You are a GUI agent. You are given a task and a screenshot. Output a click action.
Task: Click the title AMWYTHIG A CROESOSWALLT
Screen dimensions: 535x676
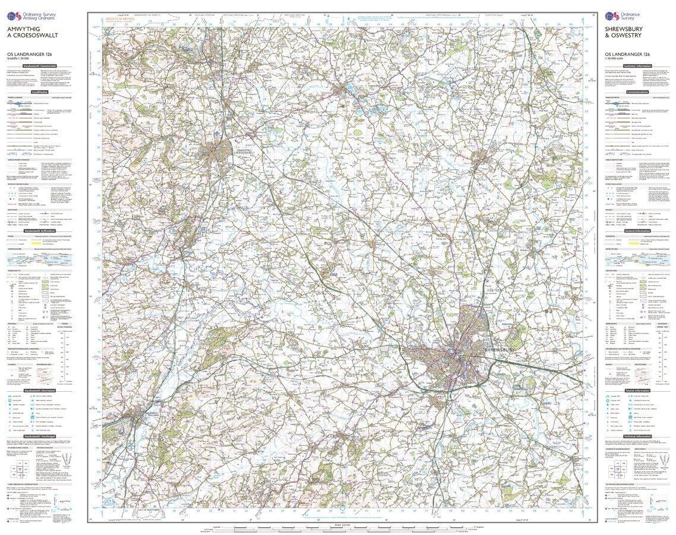(30, 31)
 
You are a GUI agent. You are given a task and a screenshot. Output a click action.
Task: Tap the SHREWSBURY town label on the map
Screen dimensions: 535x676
(499, 351)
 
